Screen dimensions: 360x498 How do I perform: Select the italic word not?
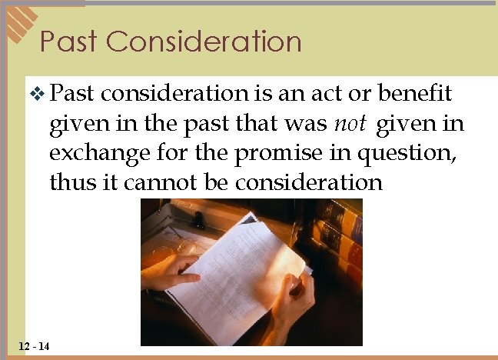click(x=349, y=123)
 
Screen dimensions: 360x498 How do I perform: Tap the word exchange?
click(x=96, y=152)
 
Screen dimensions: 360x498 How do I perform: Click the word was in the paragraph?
click(x=307, y=123)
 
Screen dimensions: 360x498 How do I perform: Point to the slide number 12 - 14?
click(x=32, y=347)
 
